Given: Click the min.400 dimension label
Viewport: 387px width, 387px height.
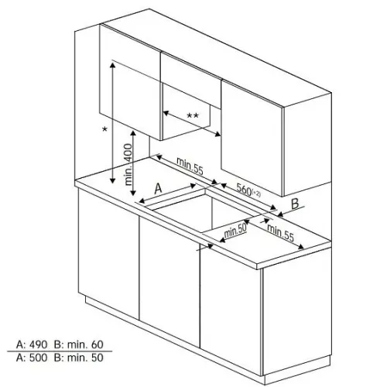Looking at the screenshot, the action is coord(128,165).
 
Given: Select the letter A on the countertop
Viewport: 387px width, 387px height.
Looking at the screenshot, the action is coord(158,188).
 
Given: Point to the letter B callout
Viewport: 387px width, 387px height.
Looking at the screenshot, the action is coord(295,204).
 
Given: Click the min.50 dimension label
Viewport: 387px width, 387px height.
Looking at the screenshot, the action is coord(235,231).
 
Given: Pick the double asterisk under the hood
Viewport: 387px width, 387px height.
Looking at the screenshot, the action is coord(193,115).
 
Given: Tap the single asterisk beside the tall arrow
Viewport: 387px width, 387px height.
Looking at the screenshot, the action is coord(104,128).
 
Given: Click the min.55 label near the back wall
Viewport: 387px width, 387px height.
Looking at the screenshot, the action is coord(190,166).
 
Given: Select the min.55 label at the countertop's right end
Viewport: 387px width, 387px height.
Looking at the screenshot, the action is coord(280,233).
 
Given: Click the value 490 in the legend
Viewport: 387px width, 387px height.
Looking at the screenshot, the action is coord(38,344).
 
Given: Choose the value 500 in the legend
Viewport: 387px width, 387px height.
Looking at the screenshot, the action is coord(38,358).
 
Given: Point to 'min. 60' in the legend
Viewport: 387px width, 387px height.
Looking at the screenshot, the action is coord(85,344).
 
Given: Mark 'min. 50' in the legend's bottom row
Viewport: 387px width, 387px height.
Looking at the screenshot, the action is coord(85,358).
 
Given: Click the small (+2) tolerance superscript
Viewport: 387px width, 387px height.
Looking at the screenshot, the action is coord(257,193).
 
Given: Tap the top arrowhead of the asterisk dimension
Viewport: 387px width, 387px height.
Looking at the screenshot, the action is coord(112,64).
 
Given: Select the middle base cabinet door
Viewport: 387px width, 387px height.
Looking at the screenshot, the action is coord(170,279).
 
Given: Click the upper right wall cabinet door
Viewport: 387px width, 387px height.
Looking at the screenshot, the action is coord(252,138).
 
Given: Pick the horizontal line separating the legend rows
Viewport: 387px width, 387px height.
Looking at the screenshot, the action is coord(60,351).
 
